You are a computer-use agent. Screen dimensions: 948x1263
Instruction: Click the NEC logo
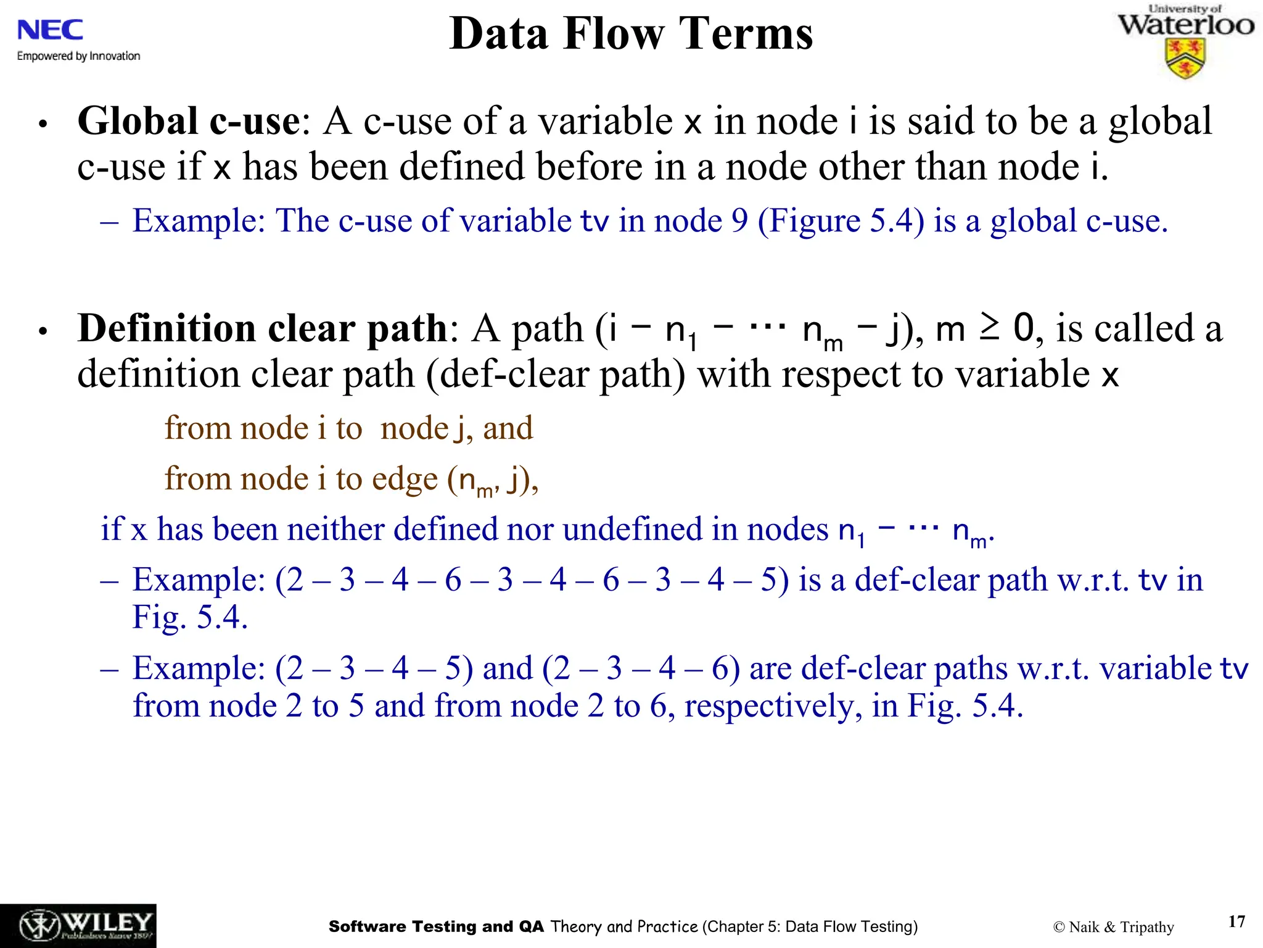pyautogui.click(x=51, y=30)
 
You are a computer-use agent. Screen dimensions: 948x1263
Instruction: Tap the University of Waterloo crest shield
pyautogui.click(x=1185, y=59)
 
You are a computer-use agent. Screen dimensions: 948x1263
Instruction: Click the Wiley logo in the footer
pyautogui.click(x=78, y=926)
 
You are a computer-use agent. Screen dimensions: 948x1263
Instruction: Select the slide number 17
pyautogui.click(x=1236, y=921)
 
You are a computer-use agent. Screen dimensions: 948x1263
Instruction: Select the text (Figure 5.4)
pyautogui.click(x=841, y=220)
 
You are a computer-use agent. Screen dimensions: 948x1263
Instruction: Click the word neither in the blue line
pyautogui.click(x=335, y=529)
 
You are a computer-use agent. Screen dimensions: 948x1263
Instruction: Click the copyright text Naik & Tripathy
pyautogui.click(x=1113, y=927)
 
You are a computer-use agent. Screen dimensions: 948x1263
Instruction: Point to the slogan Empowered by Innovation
pyautogui.click(x=78, y=56)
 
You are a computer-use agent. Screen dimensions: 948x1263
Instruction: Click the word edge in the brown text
pyautogui.click(x=405, y=479)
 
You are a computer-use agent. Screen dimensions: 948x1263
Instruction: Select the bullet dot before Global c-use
pyautogui.click(x=43, y=124)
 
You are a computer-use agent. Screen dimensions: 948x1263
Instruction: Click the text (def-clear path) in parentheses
pyautogui.click(x=556, y=375)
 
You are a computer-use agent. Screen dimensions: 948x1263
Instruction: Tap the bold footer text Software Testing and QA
pyautogui.click(x=436, y=926)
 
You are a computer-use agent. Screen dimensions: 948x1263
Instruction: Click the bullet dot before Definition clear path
pyautogui.click(x=43, y=331)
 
